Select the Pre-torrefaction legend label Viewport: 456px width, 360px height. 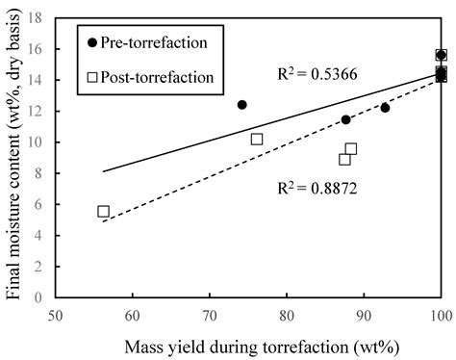[x=157, y=42]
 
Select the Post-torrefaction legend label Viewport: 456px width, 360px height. [x=160, y=74]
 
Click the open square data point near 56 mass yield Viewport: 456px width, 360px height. [x=104, y=211]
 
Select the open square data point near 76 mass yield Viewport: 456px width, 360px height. [x=257, y=140]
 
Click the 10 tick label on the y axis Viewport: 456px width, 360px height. [x=40, y=142]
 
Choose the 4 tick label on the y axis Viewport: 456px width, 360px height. [x=43, y=236]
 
